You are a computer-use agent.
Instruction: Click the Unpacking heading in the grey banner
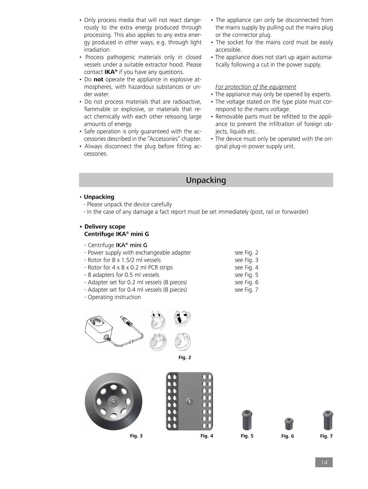(x=206, y=180)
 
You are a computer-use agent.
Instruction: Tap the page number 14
(x=324, y=462)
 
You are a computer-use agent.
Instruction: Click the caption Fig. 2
(x=185, y=357)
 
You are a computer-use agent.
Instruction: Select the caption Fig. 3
(x=136, y=436)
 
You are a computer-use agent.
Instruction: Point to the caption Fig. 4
(x=207, y=436)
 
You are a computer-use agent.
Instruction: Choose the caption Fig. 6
(x=287, y=436)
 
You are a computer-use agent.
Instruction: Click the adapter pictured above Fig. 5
(x=247, y=420)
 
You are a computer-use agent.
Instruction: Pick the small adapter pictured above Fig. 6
(x=289, y=424)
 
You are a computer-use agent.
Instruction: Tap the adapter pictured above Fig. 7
(x=328, y=420)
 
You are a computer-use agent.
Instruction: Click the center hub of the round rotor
(x=113, y=401)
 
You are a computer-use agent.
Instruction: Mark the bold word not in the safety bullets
(x=98, y=79)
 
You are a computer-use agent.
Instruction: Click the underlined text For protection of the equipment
(x=255, y=87)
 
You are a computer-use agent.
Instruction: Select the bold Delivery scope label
(x=105, y=227)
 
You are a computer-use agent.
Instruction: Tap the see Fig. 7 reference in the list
(x=246, y=290)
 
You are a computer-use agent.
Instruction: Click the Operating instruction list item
(x=114, y=297)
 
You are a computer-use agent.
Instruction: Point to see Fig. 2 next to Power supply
(x=246, y=252)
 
